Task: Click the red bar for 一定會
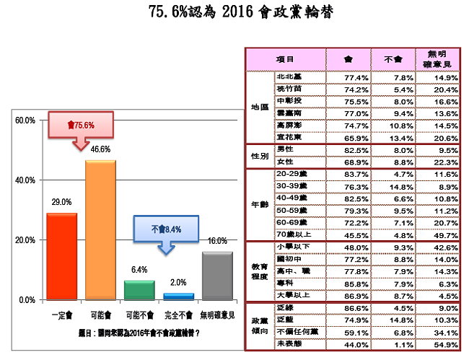pyautogui.click(x=61, y=256)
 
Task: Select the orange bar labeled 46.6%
pyautogui.click(x=100, y=230)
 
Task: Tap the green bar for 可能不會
pyautogui.click(x=139, y=290)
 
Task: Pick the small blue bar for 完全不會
pyautogui.click(x=178, y=296)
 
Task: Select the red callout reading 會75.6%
pyautogui.click(x=81, y=124)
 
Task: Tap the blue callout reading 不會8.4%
pyautogui.click(x=167, y=229)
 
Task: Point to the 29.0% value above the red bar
pyautogui.click(x=61, y=203)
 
